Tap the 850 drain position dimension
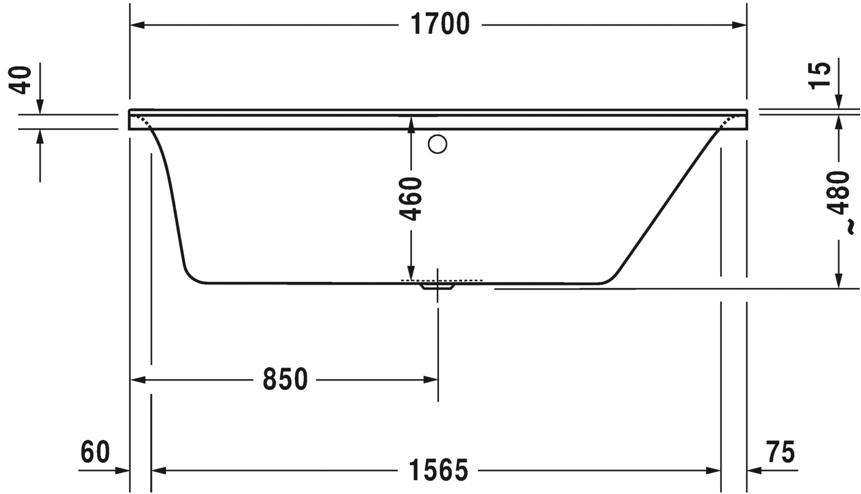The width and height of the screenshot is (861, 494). tap(285, 380)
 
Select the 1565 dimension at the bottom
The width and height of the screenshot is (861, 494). tap(438, 471)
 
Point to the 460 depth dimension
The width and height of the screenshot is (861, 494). tap(411, 199)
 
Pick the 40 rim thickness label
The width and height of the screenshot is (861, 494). tap(23, 80)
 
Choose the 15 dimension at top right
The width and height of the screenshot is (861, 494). tap(820, 75)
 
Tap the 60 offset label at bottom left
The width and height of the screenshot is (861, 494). tap(95, 452)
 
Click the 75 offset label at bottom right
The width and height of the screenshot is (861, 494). tap(780, 452)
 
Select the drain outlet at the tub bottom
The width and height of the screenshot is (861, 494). tap(438, 285)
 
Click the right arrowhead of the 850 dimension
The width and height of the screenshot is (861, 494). tap(431, 380)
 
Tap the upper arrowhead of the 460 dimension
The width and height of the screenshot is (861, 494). tap(411, 123)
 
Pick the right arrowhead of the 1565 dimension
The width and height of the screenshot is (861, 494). tap(714, 471)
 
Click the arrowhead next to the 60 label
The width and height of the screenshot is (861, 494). tap(122, 471)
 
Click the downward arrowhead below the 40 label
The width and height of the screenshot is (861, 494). tap(40, 107)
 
